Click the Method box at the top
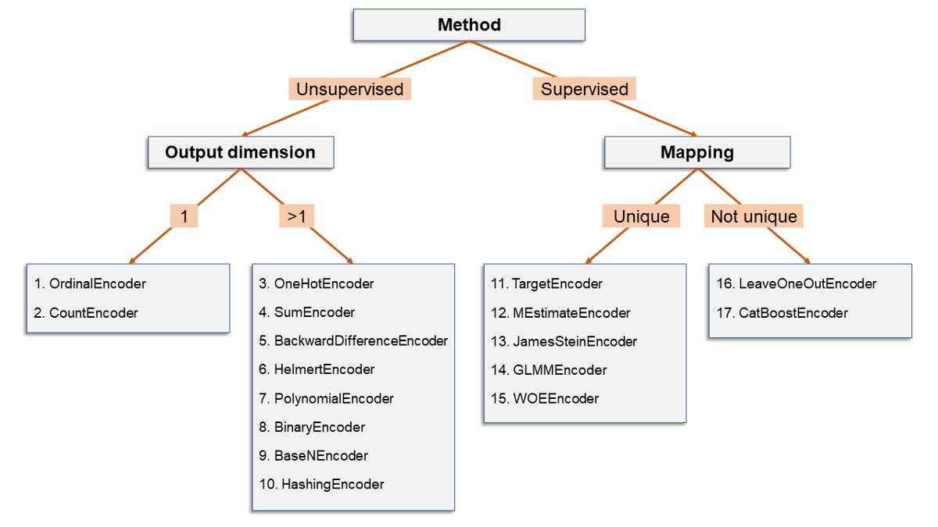point(469,25)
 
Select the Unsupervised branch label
point(349,89)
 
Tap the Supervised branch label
point(584,89)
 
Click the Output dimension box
point(241,152)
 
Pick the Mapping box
point(697,152)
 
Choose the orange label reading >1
point(296,215)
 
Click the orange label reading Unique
point(641,215)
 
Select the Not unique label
point(754,215)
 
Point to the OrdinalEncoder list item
point(90,283)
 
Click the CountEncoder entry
point(86,313)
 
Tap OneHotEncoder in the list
point(316,283)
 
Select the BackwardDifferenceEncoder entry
point(353,341)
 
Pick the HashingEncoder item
point(321,484)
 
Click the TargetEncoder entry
point(546,283)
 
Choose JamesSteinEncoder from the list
point(564,341)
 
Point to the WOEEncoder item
point(545,399)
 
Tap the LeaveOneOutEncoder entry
point(797,283)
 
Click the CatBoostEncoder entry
point(782,313)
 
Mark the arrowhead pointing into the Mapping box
point(694,134)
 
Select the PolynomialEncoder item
point(326,399)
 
